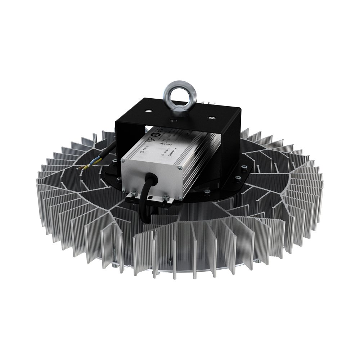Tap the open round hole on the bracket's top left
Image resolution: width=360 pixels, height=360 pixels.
coord(149,111)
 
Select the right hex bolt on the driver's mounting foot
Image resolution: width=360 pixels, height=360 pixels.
coord(166,197)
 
